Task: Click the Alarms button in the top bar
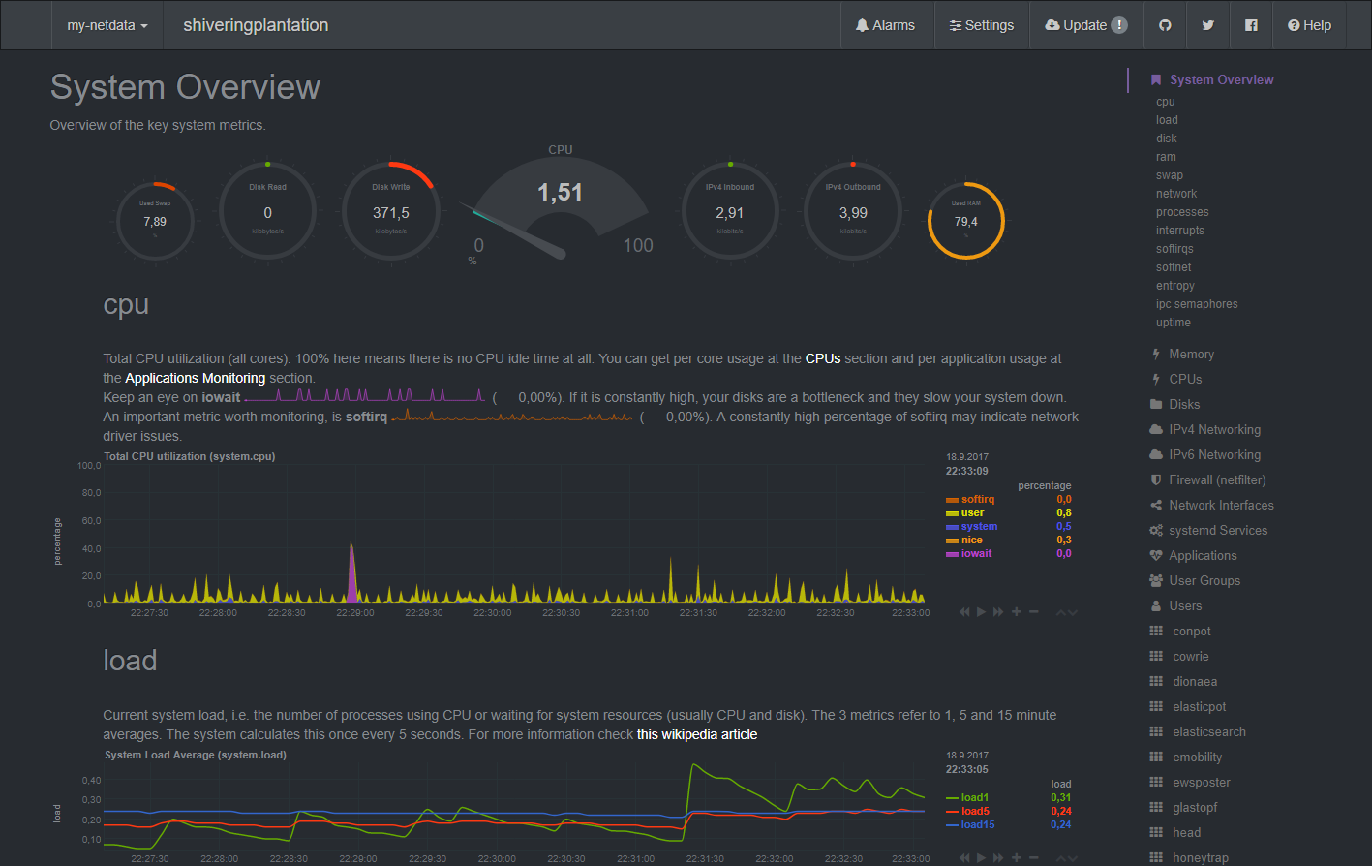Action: pos(885,25)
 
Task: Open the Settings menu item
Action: pos(981,25)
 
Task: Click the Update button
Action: pos(1085,25)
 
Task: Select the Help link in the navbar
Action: pos(1309,25)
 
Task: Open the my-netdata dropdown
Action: pos(107,25)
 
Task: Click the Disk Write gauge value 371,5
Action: pos(391,213)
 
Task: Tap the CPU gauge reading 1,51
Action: pos(560,193)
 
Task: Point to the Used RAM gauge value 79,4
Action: pos(965,222)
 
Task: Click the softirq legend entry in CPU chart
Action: pos(977,500)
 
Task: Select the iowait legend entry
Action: pos(976,554)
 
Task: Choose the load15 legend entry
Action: pos(977,825)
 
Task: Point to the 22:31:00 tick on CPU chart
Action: pos(629,613)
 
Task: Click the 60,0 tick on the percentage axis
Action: pos(91,521)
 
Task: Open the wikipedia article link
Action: pos(697,734)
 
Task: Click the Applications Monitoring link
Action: pos(195,378)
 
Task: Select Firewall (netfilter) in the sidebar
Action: pos(1216,479)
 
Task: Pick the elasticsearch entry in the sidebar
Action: pos(1208,731)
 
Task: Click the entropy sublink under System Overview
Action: pos(1174,286)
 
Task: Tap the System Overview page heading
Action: pos(185,87)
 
